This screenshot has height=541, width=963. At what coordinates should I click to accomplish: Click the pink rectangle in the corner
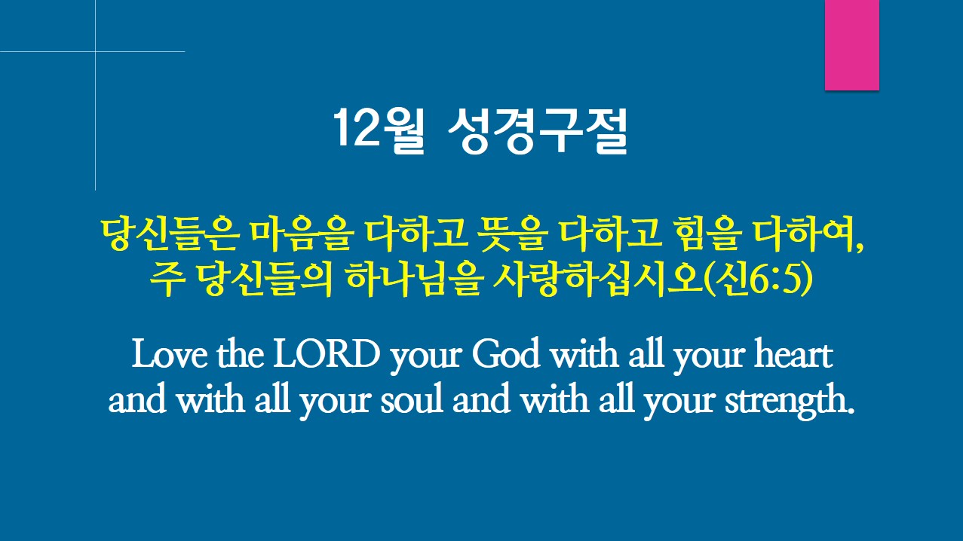[x=851, y=45]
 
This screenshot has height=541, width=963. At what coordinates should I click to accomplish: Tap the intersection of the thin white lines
[x=96, y=51]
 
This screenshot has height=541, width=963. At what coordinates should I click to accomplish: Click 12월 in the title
[x=379, y=130]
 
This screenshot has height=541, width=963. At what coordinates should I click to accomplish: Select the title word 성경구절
[x=538, y=130]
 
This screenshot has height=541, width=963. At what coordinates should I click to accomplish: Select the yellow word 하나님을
[x=413, y=280]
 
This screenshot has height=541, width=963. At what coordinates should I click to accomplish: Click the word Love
[x=170, y=354]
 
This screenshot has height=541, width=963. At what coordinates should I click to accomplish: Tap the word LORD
[x=327, y=354]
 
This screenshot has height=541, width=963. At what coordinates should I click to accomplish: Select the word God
[x=505, y=353]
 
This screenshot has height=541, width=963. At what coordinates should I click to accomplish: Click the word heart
[x=793, y=353]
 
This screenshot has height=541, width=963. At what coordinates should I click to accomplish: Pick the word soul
[x=412, y=399]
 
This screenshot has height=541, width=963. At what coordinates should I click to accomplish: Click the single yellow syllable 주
[x=167, y=280]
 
